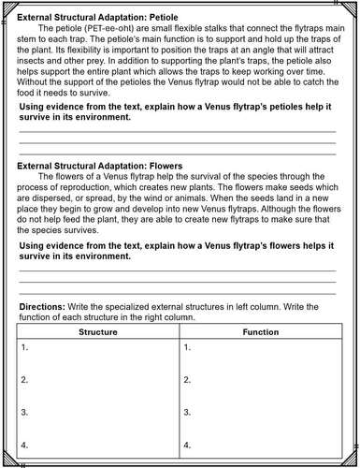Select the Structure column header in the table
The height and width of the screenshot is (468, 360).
click(x=97, y=331)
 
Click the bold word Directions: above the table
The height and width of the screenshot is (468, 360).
click(x=42, y=306)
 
